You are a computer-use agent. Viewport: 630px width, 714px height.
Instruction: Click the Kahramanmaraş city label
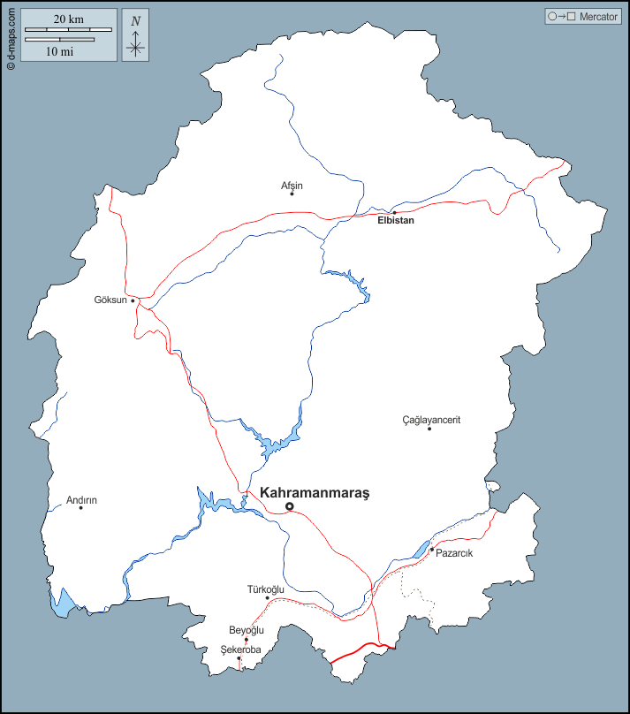pos(314,493)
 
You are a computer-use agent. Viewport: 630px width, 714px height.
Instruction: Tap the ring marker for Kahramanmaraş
pos(289,506)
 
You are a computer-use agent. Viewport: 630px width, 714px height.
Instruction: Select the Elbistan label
pos(395,221)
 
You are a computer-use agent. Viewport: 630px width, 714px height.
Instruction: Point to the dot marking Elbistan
pos(394,212)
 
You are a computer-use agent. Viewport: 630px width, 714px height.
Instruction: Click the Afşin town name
pos(292,186)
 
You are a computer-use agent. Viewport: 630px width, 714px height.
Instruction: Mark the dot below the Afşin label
pos(292,194)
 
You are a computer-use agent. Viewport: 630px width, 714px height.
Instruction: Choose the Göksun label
pos(110,300)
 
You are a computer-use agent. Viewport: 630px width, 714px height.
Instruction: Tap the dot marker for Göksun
pos(133,300)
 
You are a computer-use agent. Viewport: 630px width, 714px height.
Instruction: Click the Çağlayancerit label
pos(431,420)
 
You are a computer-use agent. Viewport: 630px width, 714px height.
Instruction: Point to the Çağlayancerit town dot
pos(429,429)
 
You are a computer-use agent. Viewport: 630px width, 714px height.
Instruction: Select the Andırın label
pos(81,500)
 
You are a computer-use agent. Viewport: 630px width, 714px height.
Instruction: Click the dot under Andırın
pos(81,507)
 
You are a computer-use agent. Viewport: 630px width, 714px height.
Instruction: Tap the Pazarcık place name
pos(455,553)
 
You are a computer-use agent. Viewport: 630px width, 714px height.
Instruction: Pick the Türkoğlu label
pos(265,589)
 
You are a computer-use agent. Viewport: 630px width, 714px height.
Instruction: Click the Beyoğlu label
pos(247,630)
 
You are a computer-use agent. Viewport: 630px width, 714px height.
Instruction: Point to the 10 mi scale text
pos(59,51)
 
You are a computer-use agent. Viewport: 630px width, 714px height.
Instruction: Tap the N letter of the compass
pos(135,21)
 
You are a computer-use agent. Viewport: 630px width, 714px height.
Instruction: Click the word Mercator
pos(598,17)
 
